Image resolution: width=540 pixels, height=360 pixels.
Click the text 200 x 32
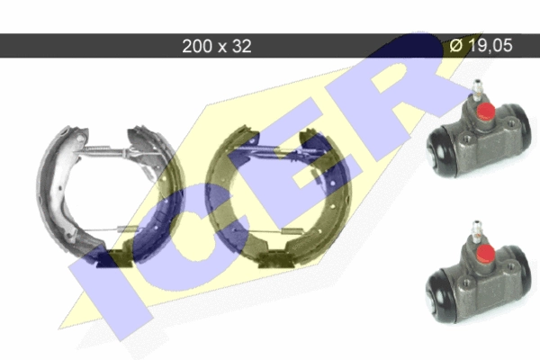(x=217, y=46)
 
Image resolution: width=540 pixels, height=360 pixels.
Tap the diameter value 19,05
(x=490, y=46)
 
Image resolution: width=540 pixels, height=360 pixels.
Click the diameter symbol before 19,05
(x=456, y=46)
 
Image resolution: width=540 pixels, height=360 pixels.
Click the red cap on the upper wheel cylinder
(x=485, y=111)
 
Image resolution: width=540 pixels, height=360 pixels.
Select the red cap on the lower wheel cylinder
(x=485, y=253)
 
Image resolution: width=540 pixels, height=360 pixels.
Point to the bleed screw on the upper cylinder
(x=477, y=91)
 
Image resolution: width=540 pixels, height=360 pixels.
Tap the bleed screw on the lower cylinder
(x=476, y=232)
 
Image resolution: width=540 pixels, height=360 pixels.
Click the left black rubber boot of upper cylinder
(x=439, y=151)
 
